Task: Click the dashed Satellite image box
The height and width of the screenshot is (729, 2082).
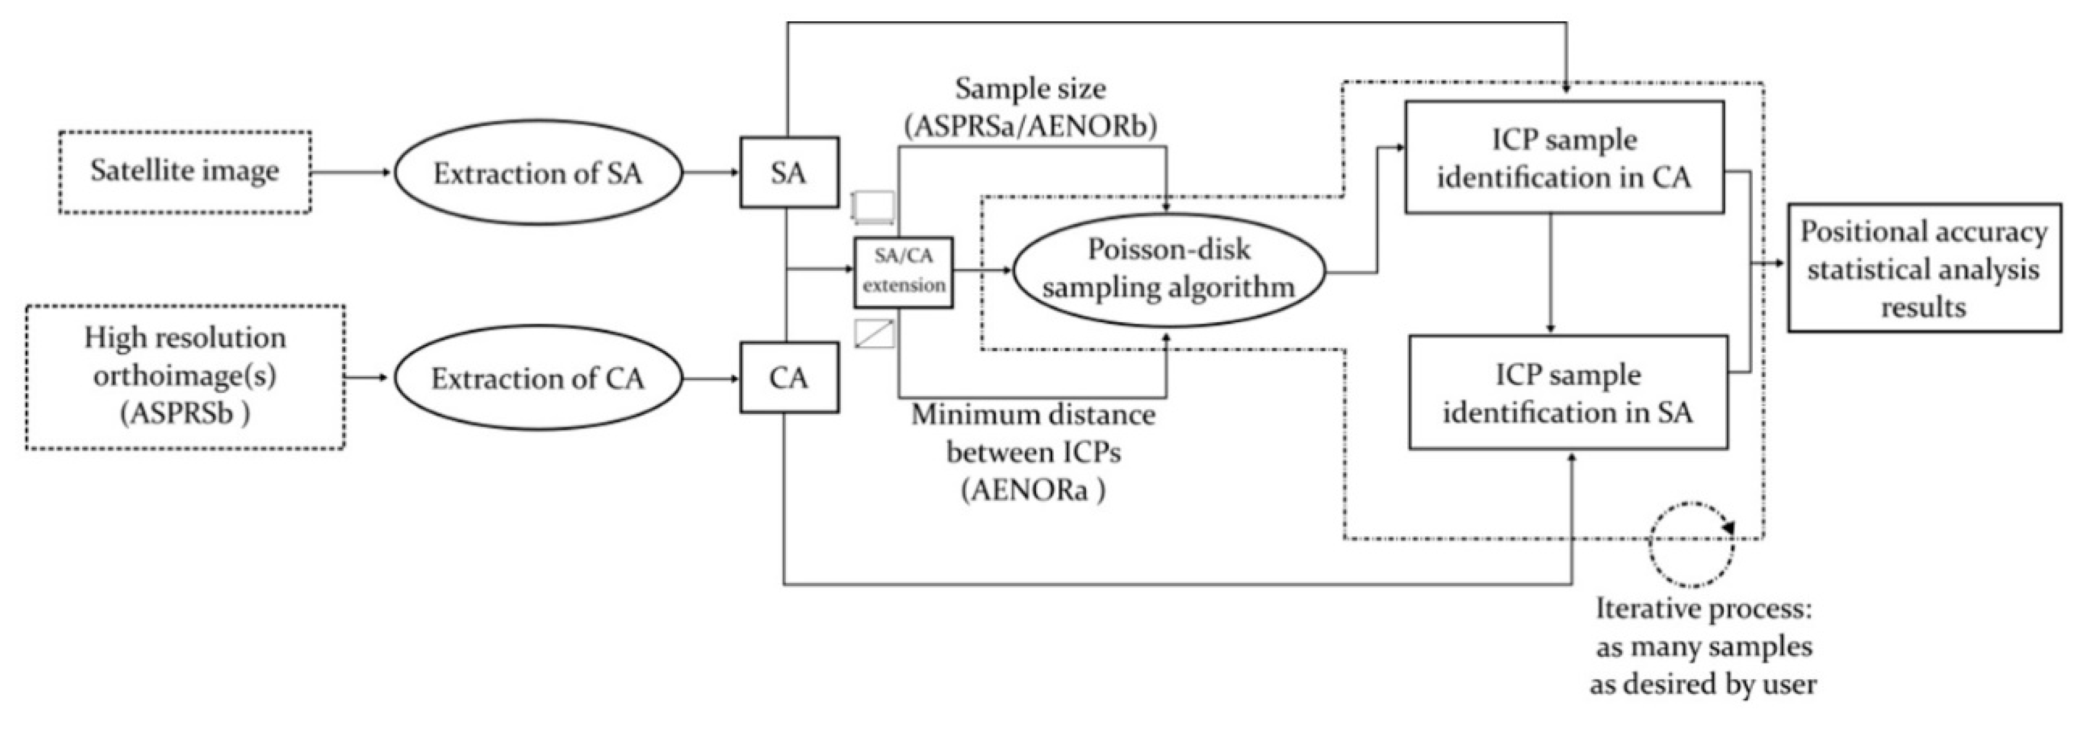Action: coord(184,172)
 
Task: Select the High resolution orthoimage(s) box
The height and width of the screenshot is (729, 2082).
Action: coord(185,376)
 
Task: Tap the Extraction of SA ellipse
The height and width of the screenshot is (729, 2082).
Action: coord(538,173)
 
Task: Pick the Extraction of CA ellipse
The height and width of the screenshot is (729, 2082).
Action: coord(538,378)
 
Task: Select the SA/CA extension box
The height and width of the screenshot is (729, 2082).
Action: coord(903,271)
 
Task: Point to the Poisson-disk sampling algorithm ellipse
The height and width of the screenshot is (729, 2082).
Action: coord(1168,269)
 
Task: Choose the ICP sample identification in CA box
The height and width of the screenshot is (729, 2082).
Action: coord(1564,158)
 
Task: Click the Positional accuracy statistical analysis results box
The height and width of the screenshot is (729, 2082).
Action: coord(1924,268)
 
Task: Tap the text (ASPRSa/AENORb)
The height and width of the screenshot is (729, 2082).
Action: coord(1031,126)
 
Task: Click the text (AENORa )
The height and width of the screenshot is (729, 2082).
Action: coord(1033,491)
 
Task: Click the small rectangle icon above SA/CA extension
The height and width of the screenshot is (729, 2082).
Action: coord(875,207)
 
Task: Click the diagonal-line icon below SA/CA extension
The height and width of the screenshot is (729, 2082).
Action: coord(875,334)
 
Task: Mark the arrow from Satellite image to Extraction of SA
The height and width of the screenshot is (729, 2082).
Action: coord(352,172)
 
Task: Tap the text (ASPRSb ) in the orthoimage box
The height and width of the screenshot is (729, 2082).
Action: coord(185,414)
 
